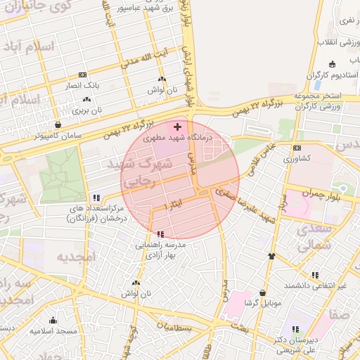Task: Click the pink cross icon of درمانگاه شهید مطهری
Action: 176,127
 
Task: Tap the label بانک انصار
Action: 83,85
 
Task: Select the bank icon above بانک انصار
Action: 83,75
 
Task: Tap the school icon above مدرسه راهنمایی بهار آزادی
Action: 161,233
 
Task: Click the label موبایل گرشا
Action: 258,302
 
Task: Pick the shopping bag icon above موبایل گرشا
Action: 263,292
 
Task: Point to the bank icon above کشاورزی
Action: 297,148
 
